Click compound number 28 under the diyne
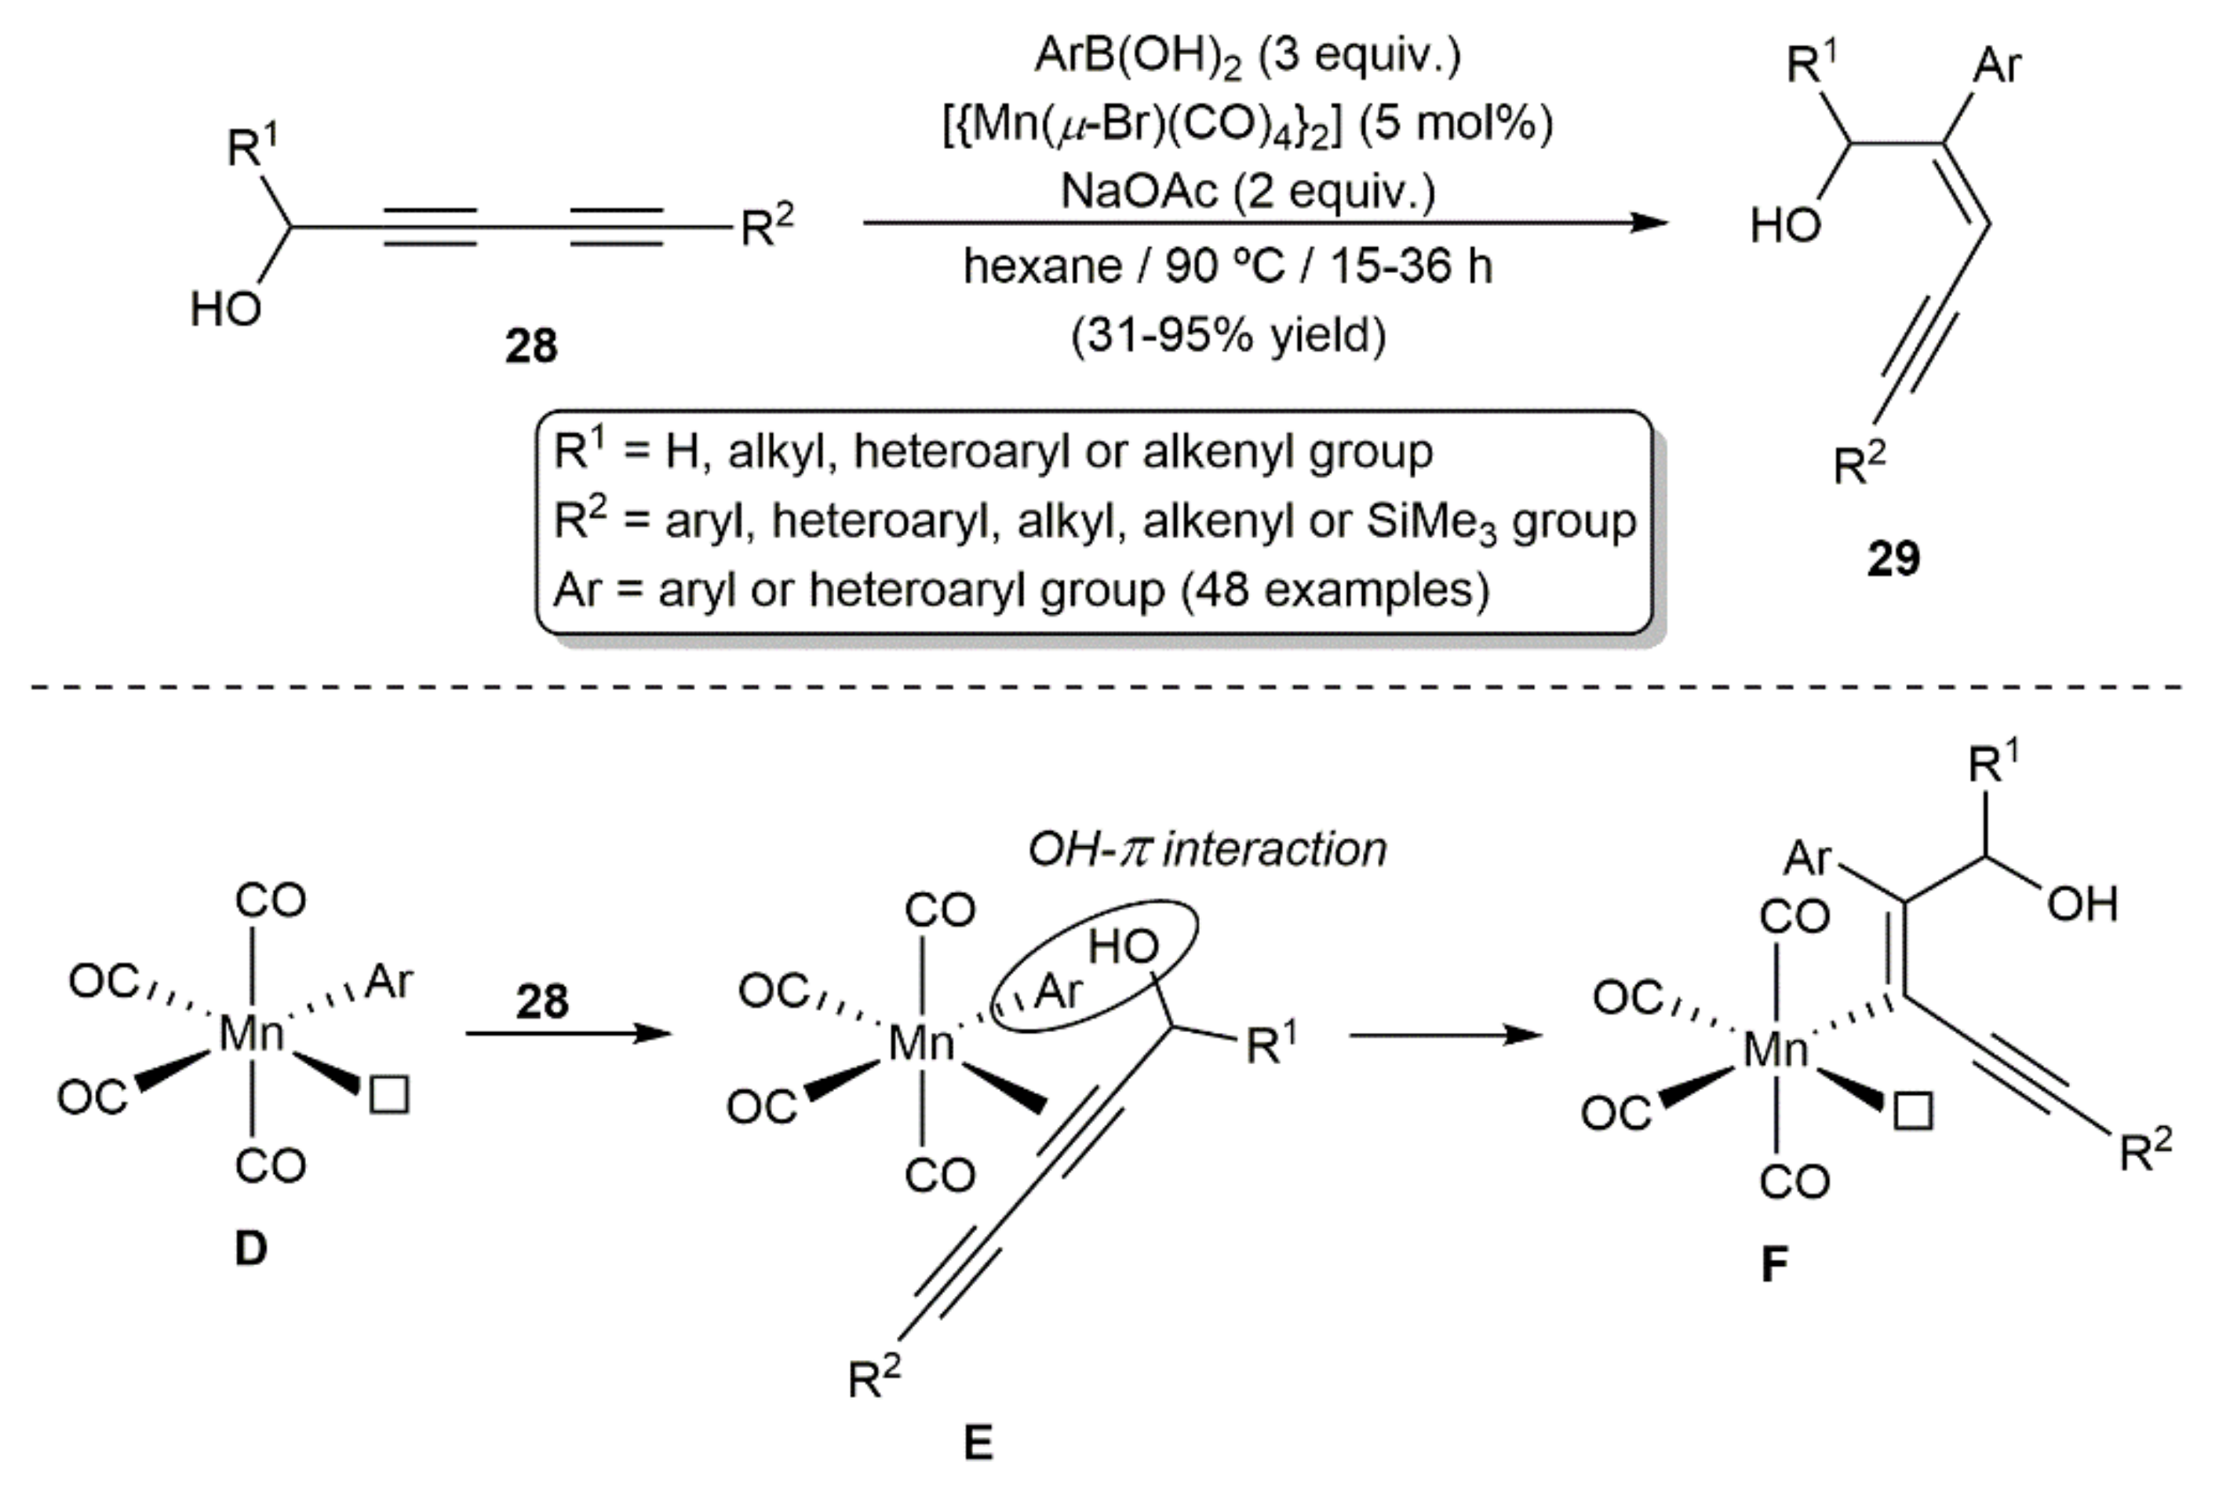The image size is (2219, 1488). (x=530, y=345)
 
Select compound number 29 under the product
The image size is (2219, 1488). (x=1893, y=558)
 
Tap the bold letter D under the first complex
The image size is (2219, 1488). (x=250, y=1249)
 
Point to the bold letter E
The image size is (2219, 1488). (x=978, y=1443)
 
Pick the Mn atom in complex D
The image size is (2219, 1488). (x=250, y=1034)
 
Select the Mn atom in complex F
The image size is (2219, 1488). (x=1775, y=1051)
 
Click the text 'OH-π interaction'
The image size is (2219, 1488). (x=1207, y=848)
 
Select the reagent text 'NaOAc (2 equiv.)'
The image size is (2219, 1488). (x=1248, y=191)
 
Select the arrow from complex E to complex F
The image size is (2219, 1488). (x=1447, y=1034)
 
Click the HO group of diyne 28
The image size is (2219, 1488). (x=225, y=309)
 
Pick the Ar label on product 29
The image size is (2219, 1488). (x=1997, y=67)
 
